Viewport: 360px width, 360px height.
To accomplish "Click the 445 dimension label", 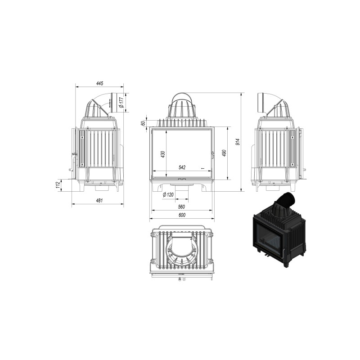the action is click(x=99, y=83).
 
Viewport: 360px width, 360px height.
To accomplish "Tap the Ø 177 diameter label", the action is click(x=121, y=103).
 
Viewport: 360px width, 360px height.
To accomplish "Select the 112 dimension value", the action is click(x=58, y=185).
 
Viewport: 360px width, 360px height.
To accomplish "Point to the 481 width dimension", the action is click(x=99, y=200).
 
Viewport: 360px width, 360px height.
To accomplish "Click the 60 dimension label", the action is click(x=143, y=123).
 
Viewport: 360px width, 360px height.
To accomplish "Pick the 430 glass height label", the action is click(x=163, y=154).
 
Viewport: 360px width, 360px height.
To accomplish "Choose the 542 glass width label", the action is click(x=182, y=167).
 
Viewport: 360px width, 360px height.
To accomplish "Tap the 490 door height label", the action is click(x=224, y=153).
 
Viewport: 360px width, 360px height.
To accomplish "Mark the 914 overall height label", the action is click(x=238, y=142).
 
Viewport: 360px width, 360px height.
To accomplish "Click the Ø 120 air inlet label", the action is click(x=168, y=195).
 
